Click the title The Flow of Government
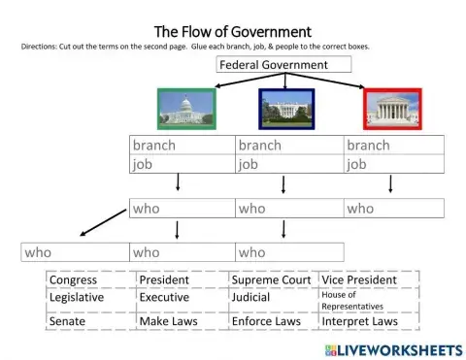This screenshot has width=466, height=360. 232,32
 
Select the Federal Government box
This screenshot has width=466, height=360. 273,65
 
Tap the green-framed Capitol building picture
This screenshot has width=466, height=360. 184,109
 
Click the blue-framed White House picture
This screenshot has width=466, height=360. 286,109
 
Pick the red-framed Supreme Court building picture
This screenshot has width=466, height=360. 392,109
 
